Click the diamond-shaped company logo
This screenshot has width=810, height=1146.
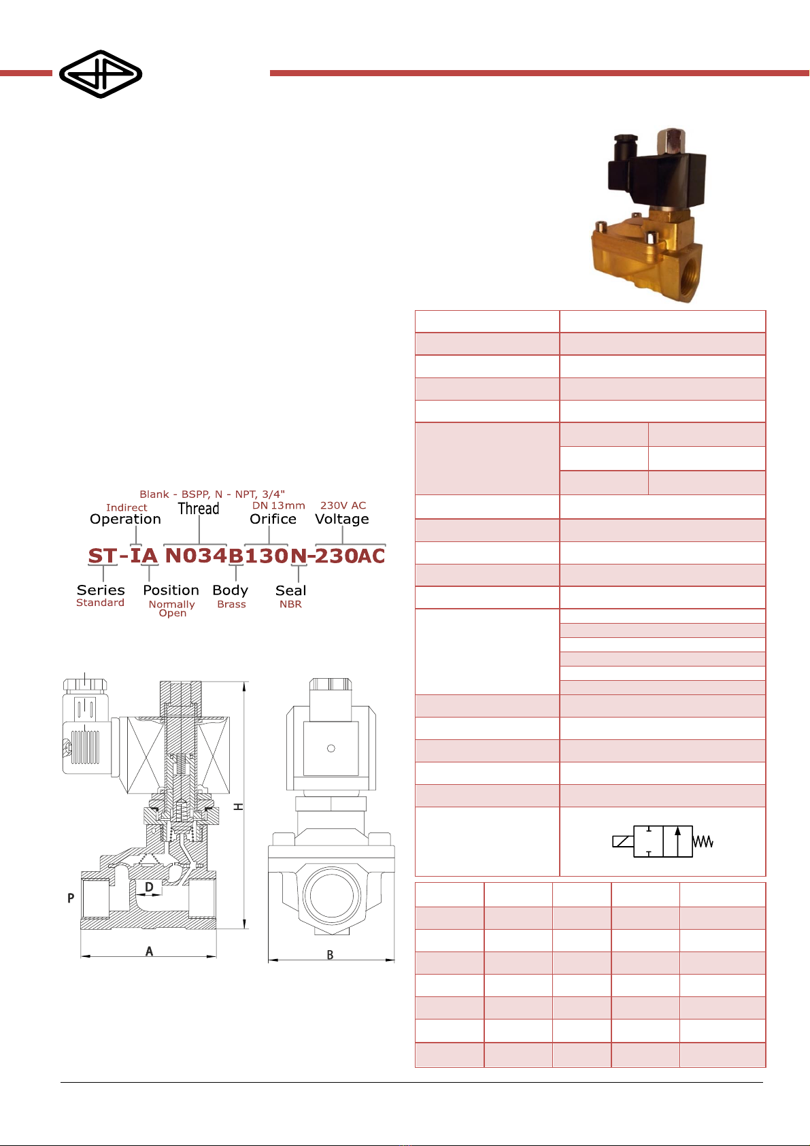100,73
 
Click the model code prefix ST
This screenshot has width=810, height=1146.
103,556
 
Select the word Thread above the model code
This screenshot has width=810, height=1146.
199,509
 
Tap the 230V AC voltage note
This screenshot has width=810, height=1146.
343,505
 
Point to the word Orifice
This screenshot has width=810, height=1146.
273,519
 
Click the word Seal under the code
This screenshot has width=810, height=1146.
290,590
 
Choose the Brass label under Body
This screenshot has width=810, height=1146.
231,604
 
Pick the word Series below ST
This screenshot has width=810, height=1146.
100,590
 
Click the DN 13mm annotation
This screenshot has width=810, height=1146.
278,505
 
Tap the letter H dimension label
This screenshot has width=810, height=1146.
239,807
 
